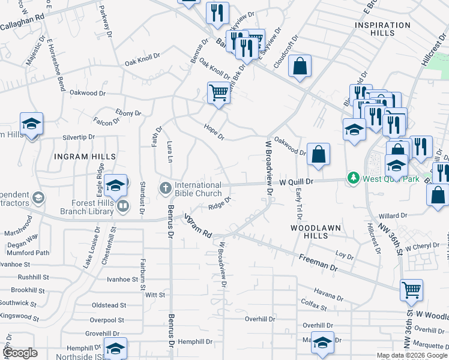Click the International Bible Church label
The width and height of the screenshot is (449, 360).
pyautogui.click(x=198, y=189)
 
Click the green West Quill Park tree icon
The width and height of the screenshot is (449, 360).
pyautogui.click(x=354, y=178)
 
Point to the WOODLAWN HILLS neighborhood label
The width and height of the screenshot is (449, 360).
pyautogui.click(x=316, y=228)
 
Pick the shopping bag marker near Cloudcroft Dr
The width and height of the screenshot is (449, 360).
pyautogui.click(x=300, y=67)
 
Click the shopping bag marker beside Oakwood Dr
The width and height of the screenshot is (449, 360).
pyautogui.click(x=318, y=155)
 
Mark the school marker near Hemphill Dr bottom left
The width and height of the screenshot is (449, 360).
pyautogui.click(x=115, y=348)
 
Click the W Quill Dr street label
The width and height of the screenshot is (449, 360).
pyautogui.click(x=297, y=181)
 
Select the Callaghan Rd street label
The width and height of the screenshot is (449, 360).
pyautogui.click(x=22, y=19)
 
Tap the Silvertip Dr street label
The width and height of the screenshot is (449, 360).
pyautogui.click(x=79, y=137)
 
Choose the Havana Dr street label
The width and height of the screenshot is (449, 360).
pyautogui.click(x=328, y=296)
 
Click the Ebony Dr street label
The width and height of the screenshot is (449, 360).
pyautogui.click(x=128, y=113)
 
